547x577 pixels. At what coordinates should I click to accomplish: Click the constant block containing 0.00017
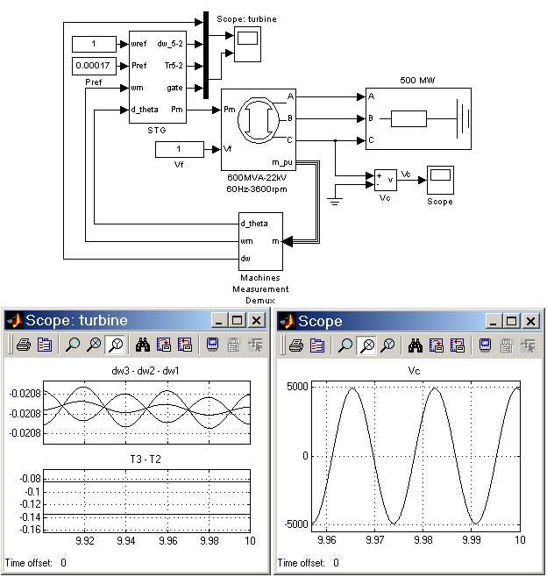click(x=94, y=66)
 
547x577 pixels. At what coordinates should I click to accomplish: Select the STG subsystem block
click(x=158, y=77)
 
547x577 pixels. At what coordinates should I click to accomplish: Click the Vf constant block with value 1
click(x=180, y=149)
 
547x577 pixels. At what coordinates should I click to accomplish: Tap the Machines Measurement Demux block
click(x=260, y=241)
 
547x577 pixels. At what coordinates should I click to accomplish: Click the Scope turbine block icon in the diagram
click(x=247, y=44)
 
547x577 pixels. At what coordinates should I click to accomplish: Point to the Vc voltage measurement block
click(x=385, y=180)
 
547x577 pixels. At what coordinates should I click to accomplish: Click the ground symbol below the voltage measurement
click(x=335, y=202)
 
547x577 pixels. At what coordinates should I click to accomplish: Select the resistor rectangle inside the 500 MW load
click(x=408, y=119)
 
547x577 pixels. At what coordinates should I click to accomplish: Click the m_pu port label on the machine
click(x=282, y=162)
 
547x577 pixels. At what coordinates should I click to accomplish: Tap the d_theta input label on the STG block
click(x=145, y=110)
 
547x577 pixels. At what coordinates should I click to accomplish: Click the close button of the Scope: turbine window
click(x=256, y=321)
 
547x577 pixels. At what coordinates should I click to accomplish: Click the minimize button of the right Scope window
click(x=494, y=321)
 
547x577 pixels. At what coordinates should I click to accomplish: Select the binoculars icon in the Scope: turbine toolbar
click(x=143, y=345)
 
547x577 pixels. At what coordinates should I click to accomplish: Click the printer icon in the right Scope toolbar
click(x=296, y=345)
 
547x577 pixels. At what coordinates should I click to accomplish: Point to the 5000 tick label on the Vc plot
click(x=297, y=387)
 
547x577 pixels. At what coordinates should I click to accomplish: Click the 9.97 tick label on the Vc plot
click(x=375, y=540)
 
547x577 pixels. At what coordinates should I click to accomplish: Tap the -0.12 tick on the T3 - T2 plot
click(x=30, y=503)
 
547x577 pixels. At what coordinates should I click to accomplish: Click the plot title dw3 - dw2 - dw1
click(x=146, y=371)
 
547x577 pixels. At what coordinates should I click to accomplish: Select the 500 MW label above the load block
click(x=417, y=80)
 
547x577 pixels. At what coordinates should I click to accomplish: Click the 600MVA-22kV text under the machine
click(x=257, y=178)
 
